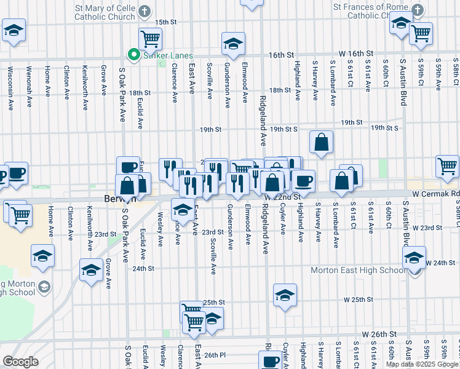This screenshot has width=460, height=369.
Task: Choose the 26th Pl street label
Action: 216,355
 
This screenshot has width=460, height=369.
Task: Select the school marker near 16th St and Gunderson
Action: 232,43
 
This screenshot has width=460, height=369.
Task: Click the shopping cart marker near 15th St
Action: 151,38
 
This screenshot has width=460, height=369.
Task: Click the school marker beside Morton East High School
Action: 414,257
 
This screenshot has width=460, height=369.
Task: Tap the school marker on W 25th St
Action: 285,295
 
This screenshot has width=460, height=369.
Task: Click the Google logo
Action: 20,362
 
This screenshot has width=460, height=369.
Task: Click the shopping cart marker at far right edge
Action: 447,165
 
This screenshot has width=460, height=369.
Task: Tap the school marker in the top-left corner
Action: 14,31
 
